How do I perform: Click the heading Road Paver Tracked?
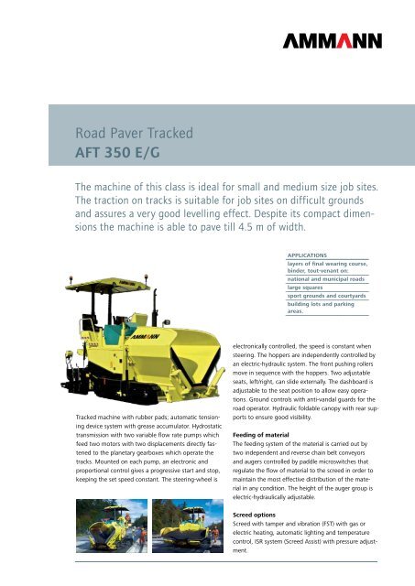click(135, 134)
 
